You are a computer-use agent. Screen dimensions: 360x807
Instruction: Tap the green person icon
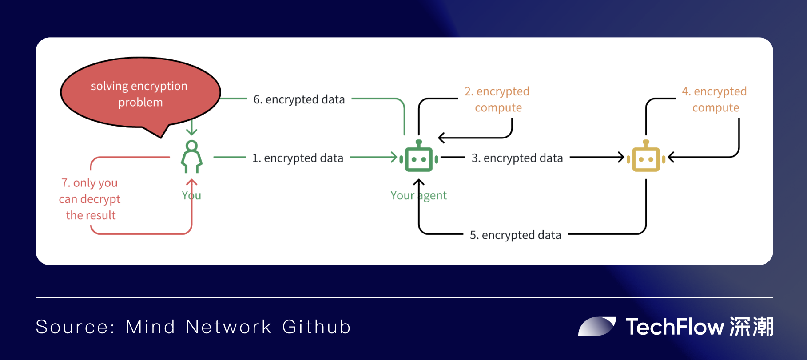(x=191, y=157)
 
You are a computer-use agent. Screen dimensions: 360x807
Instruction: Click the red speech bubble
(x=140, y=94)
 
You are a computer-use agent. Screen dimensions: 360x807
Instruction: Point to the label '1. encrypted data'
(x=298, y=158)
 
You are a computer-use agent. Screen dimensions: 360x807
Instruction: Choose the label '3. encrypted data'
(x=517, y=158)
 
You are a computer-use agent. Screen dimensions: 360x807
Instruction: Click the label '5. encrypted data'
(x=515, y=235)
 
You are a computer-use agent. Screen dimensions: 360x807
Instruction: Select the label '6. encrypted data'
(x=299, y=99)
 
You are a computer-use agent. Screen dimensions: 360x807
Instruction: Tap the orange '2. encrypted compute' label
(x=497, y=99)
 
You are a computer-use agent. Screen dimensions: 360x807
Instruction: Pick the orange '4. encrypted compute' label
(x=715, y=99)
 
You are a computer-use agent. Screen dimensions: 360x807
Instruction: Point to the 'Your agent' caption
(x=418, y=195)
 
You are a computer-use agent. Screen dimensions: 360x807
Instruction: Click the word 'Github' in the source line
(x=316, y=327)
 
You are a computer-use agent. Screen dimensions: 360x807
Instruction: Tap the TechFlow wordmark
(x=675, y=327)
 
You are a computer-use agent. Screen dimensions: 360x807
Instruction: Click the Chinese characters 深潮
(x=751, y=327)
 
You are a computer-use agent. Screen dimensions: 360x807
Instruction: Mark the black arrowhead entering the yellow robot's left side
(x=621, y=157)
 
